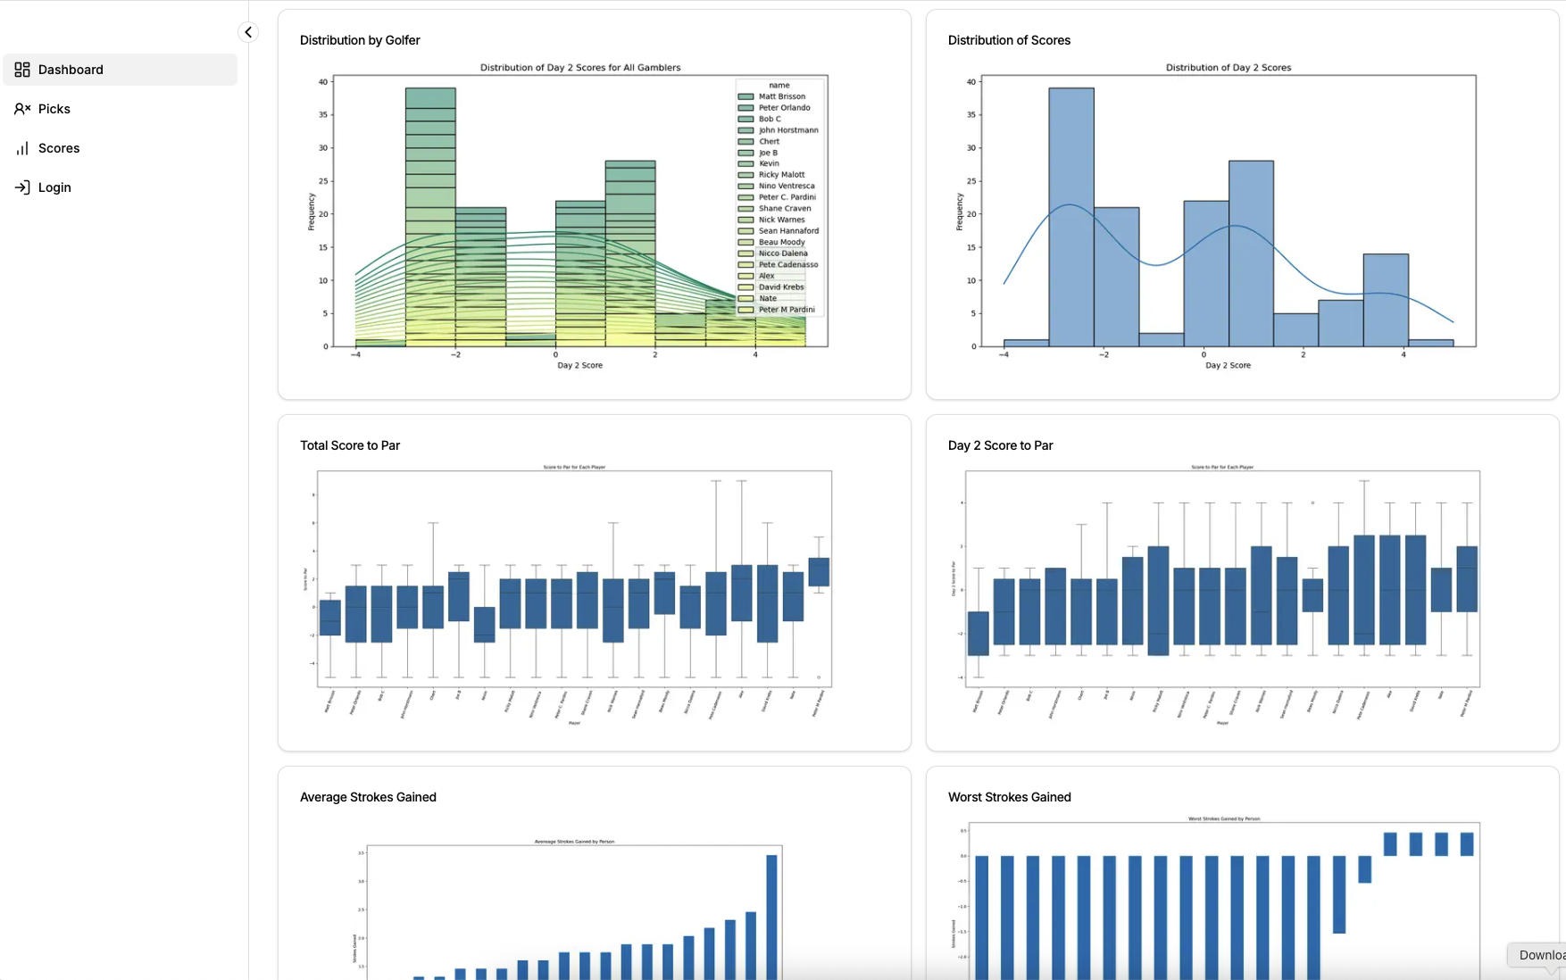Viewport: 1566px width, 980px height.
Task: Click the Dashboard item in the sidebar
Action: pos(71,70)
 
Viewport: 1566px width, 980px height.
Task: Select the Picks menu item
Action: pos(54,109)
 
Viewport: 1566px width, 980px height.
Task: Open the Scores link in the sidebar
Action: pos(59,148)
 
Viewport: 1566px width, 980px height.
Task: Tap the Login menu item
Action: pos(54,187)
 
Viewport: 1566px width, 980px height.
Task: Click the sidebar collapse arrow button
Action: pos(248,32)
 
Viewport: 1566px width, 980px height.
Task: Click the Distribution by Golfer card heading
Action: pos(360,40)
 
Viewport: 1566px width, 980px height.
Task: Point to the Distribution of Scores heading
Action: pos(1009,40)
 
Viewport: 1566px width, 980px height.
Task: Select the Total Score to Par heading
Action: pos(350,445)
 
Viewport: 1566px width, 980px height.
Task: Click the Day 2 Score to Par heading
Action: pos(1000,445)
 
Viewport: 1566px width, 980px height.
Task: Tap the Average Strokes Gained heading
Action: pos(368,797)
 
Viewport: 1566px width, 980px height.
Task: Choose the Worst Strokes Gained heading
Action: pos(1009,797)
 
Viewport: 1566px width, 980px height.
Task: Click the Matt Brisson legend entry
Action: pos(781,96)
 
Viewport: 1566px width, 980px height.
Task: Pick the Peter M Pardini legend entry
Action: pos(786,310)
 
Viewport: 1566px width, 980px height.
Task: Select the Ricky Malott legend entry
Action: pos(781,175)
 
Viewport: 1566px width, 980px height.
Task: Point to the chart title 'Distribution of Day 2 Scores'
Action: pos(1228,68)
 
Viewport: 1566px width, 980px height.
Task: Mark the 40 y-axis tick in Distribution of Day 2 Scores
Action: pos(970,82)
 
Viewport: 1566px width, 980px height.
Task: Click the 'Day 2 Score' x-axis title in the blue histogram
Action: pos(1228,365)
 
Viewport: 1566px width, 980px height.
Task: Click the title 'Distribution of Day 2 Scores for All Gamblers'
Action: pos(580,68)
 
